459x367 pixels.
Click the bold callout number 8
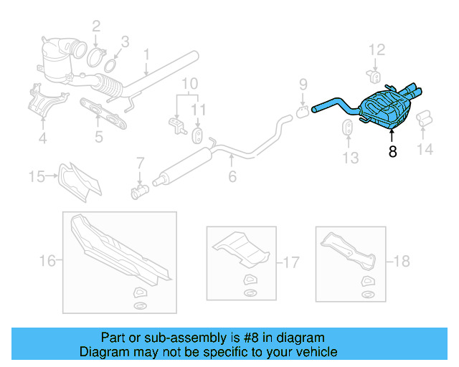coord(392,151)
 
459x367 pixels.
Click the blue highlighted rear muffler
coord(385,110)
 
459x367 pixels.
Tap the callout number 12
coord(377,49)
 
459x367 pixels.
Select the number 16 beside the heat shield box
coord(47,261)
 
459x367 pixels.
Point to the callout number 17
coord(291,263)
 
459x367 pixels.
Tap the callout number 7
coord(141,163)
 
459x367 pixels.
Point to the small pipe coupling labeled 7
coord(139,191)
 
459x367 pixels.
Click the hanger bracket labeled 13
coord(344,129)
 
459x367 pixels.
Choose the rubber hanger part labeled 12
coord(374,75)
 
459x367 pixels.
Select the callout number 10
coord(189,84)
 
